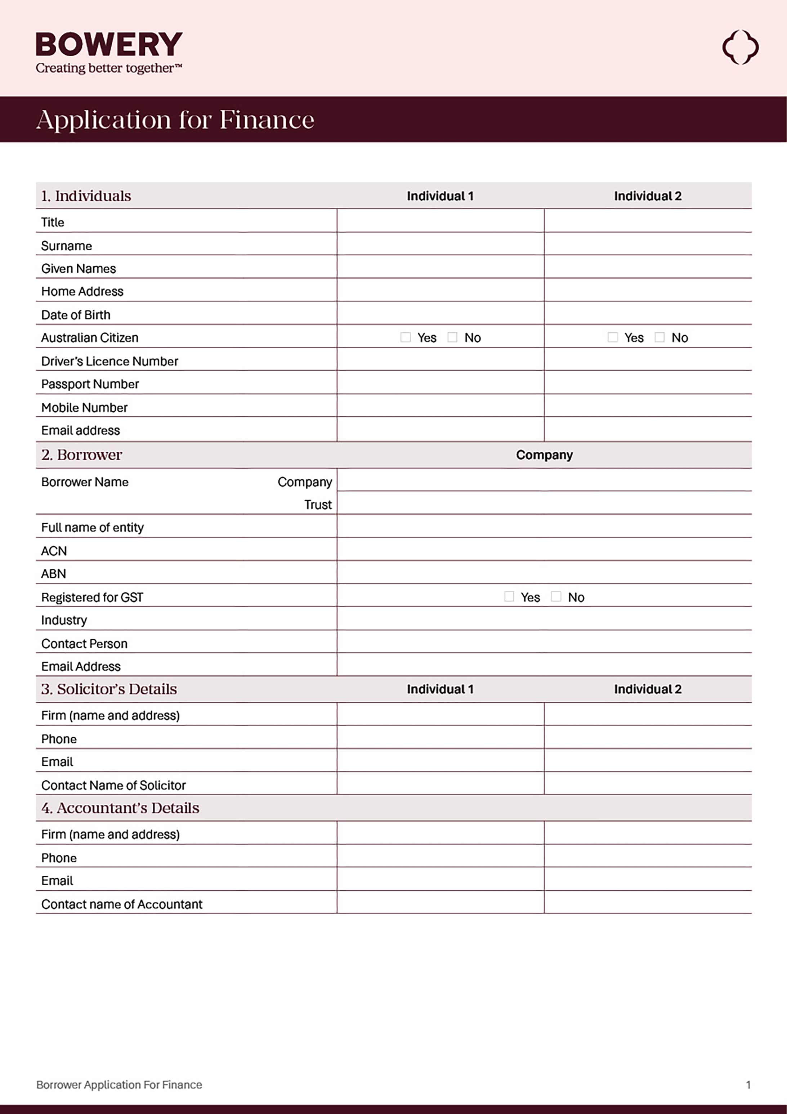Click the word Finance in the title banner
click(x=267, y=120)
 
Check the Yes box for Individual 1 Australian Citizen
click(x=406, y=337)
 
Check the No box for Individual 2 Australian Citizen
click(x=659, y=337)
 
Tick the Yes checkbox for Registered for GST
click(x=509, y=596)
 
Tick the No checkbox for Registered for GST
click(x=556, y=596)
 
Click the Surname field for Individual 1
click(x=440, y=244)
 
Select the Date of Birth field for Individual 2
click(x=648, y=313)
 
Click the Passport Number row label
click(x=90, y=384)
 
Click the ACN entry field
click(x=544, y=549)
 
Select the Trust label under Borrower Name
click(x=318, y=505)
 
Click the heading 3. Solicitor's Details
click(x=109, y=689)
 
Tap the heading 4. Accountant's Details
click(x=120, y=808)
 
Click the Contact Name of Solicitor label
click(x=113, y=785)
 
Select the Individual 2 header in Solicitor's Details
click(x=647, y=689)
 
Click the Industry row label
click(x=64, y=620)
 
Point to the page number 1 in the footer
click(x=748, y=1084)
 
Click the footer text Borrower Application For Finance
click(x=119, y=1084)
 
